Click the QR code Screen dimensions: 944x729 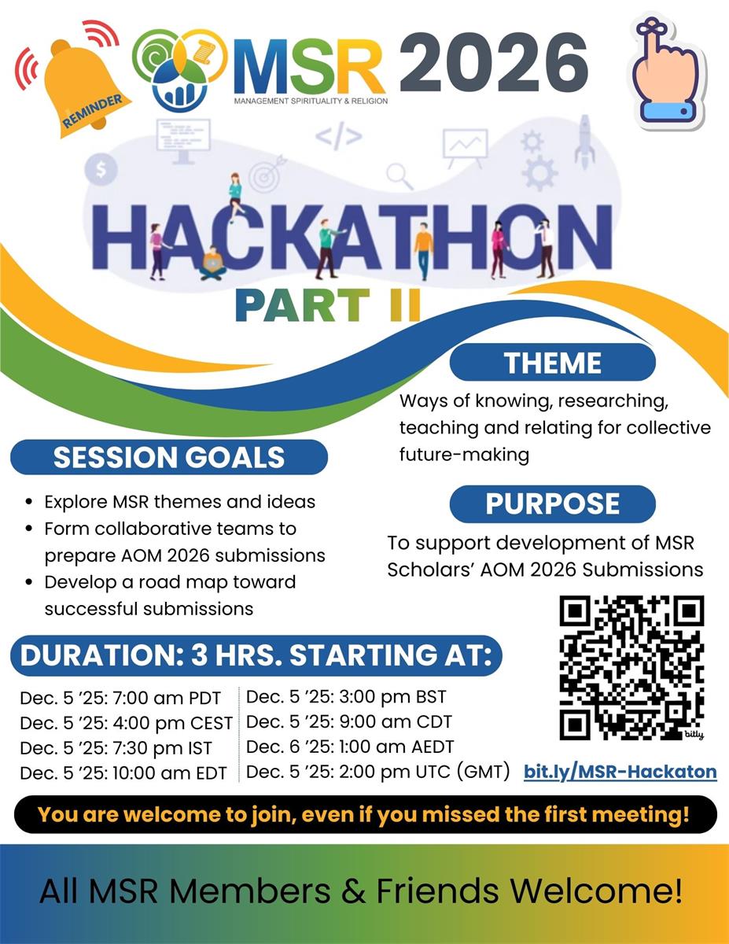tap(631, 667)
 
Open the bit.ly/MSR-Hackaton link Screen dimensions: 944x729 tap(620, 772)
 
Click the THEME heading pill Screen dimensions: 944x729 tap(552, 363)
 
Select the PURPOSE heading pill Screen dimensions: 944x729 tap(552, 504)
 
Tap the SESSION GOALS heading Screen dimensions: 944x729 tap(169, 457)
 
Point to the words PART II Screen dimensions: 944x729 tap(328, 305)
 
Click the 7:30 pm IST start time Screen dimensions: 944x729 tap(116, 747)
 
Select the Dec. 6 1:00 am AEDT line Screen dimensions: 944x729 tap(350, 747)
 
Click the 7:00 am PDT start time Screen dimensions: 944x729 tap(120, 699)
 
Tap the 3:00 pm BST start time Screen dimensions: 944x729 tap(346, 697)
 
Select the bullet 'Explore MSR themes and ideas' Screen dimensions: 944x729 tap(179, 501)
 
